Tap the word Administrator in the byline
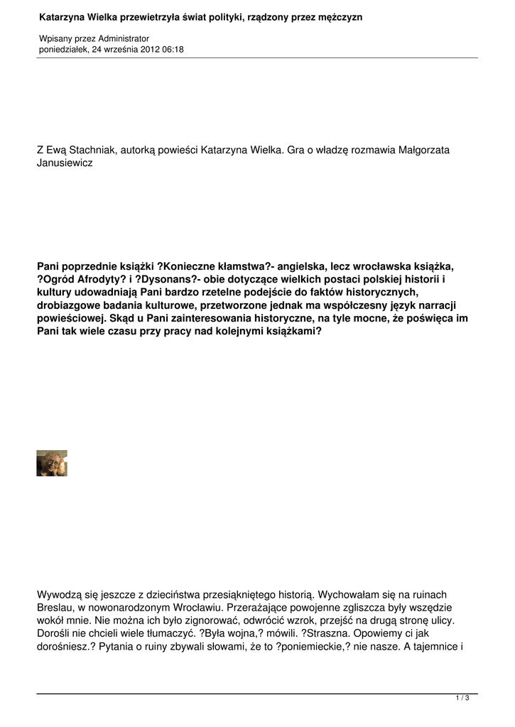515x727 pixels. [124, 38]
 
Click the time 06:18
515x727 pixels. [173, 49]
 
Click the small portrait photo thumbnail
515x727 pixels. [52, 463]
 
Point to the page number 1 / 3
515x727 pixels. [462, 699]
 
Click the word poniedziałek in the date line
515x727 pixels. [63, 49]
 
